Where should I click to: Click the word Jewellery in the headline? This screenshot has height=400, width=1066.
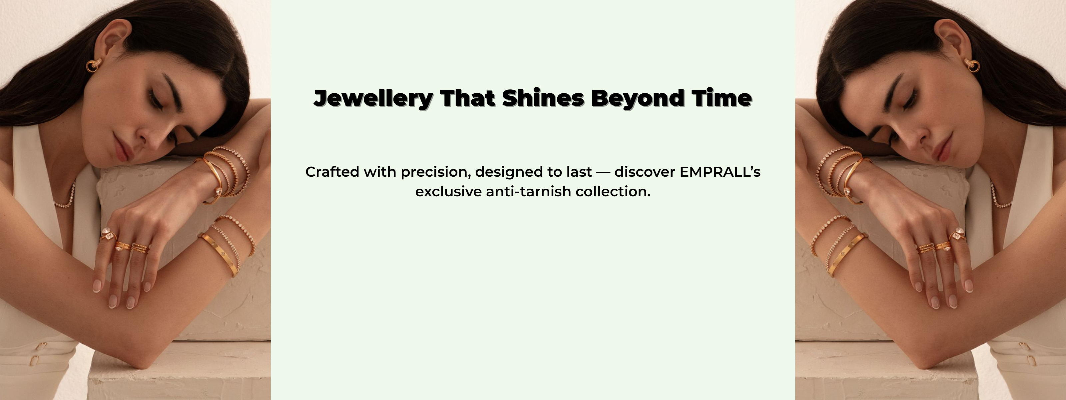pos(373,99)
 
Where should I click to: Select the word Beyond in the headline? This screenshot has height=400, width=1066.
pos(637,99)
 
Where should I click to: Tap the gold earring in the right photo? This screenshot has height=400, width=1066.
pos(972,65)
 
